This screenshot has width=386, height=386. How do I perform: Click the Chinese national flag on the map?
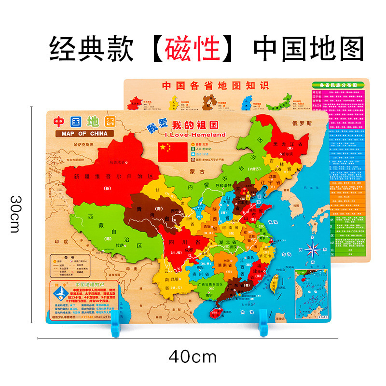(x=172, y=152)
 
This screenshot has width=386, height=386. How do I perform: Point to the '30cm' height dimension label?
(x=16, y=214)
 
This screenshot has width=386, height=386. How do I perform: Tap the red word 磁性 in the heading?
(x=193, y=50)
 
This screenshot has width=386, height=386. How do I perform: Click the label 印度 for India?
(x=61, y=241)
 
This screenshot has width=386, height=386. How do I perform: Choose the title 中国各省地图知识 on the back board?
(x=215, y=86)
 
